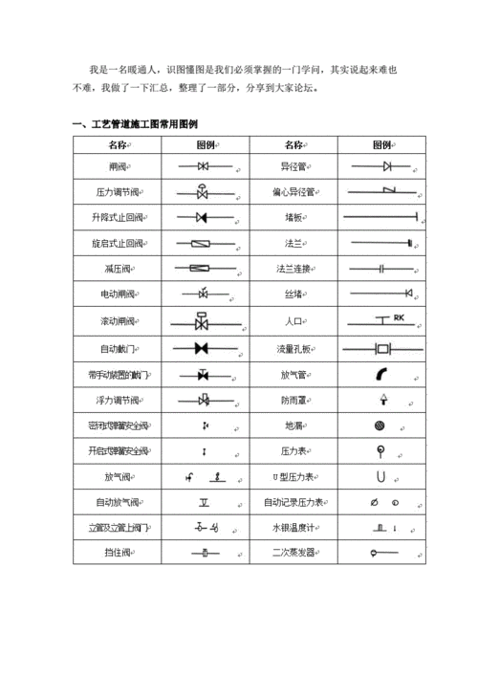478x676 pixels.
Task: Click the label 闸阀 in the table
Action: click(119, 166)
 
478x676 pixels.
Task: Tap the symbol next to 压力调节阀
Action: click(203, 192)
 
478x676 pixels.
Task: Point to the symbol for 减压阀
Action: click(203, 269)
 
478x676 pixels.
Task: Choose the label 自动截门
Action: click(119, 347)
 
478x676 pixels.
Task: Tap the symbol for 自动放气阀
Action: click(204, 501)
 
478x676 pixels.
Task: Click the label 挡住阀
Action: click(119, 553)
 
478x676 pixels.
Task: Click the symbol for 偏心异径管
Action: click(384, 192)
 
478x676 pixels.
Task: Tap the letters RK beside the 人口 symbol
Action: click(400, 316)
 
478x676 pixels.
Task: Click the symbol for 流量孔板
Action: click(384, 347)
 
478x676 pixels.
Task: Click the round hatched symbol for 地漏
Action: click(380, 425)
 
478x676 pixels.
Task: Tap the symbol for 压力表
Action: click(380, 449)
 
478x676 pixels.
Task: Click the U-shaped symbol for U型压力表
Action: click(380, 475)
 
